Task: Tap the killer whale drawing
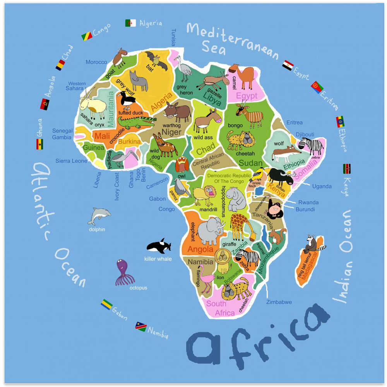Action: tap(158, 246)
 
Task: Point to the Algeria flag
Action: tap(130, 23)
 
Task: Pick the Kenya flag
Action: tap(347, 168)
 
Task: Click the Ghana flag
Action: tap(39, 144)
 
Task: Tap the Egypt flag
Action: tap(288, 65)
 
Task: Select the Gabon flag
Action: tap(106, 304)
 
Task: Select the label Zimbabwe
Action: tap(279, 302)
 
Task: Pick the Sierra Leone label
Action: tap(71, 161)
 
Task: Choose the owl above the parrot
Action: tap(182, 164)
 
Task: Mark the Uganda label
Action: tap(322, 187)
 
